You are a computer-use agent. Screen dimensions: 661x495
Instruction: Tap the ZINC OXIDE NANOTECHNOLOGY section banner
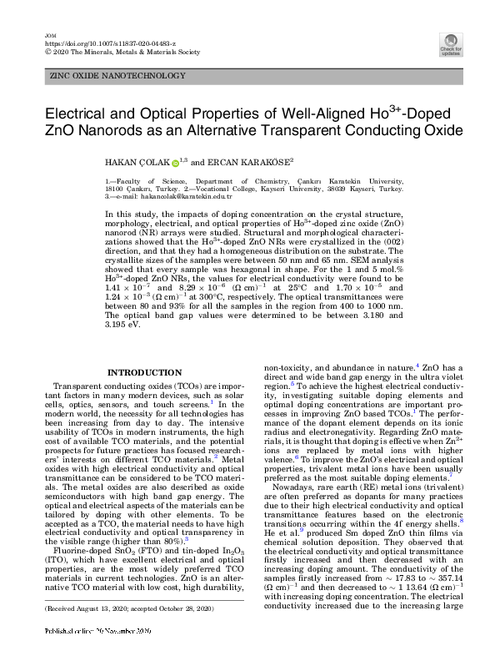point(118,76)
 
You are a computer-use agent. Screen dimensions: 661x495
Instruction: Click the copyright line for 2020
point(121,50)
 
